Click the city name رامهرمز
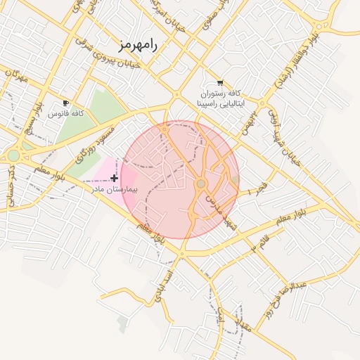click(139, 45)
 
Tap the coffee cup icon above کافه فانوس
click(66, 103)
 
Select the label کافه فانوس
click(67, 112)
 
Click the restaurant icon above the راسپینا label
click(220, 83)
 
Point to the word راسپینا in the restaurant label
click(212, 103)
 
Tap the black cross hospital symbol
click(114, 179)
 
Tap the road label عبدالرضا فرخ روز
click(283, 299)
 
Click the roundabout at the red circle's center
click(201, 184)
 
